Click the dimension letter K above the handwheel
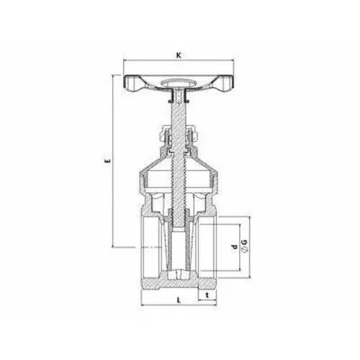pos(179,55)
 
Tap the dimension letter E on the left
pos(108,161)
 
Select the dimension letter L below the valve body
pos(179,300)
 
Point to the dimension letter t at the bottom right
pos(207,295)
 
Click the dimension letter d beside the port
pos(234,247)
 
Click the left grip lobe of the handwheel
pos(132,84)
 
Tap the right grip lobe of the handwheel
pos(225,84)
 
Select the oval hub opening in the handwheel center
pos(179,83)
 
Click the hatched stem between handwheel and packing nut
pos(179,113)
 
